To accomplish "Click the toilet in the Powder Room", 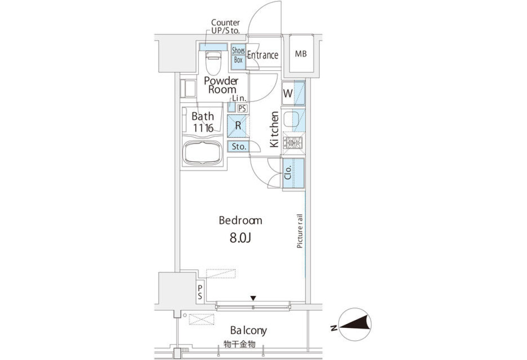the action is click(213, 63).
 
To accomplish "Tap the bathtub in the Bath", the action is click(202, 153).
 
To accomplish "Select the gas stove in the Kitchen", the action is click(292, 143).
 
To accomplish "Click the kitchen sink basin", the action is click(291, 119).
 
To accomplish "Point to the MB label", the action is click(301, 54).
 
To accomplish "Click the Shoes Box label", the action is click(238, 55).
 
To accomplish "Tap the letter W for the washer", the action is click(288, 94).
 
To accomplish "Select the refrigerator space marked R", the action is click(238, 126).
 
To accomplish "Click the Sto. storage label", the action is click(239, 147).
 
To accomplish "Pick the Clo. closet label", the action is click(288, 173).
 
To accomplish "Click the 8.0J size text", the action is click(240, 238).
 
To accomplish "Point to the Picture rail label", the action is click(300, 231).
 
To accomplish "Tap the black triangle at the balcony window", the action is click(253, 298).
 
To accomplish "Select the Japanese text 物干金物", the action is click(239, 345).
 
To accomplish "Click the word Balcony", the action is click(249, 331).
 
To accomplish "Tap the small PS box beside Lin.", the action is click(242, 108).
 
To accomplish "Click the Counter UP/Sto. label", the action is click(225, 26).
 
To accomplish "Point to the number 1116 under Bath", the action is click(203, 128).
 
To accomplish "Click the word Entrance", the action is click(263, 55).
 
